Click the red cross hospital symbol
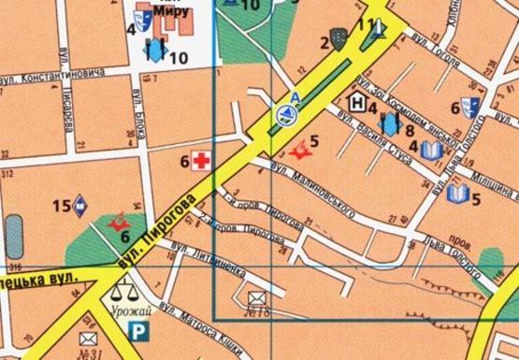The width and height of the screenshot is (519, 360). point(202,160)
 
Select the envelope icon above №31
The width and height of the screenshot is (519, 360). point(89,338)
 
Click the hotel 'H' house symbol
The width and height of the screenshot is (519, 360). point(356,100)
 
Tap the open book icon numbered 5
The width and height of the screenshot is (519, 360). point(456,194)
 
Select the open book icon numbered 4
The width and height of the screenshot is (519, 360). point(430,151)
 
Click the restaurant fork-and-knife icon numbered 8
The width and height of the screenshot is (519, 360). point(389,122)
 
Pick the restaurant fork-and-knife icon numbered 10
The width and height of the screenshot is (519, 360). point(154,48)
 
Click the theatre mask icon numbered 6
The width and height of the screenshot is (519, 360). point(472,108)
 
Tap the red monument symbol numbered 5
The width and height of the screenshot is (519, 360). point(300,149)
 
